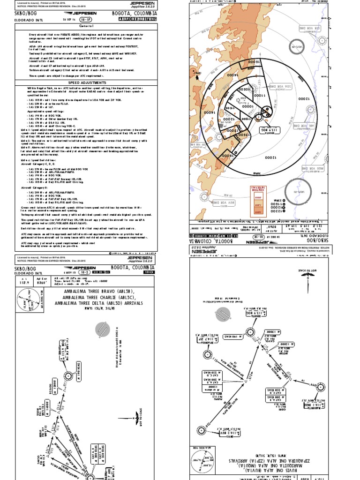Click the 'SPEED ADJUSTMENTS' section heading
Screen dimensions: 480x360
point(94,82)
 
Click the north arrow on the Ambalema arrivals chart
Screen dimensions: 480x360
point(136,417)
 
